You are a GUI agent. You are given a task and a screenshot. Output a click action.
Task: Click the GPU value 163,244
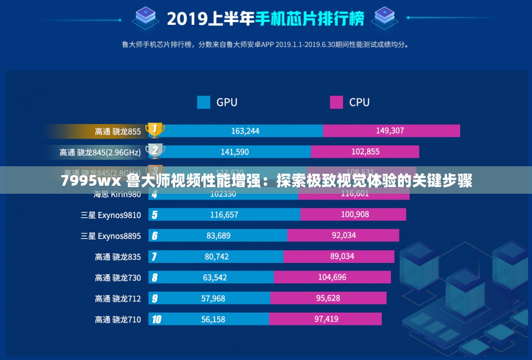click(245, 131)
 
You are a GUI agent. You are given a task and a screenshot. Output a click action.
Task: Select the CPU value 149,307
click(390, 131)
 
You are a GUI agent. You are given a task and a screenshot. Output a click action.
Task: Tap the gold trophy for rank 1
click(155, 130)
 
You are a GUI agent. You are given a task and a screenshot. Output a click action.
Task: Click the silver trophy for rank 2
click(155, 151)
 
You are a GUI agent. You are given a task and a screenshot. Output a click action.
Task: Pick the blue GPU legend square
click(203, 102)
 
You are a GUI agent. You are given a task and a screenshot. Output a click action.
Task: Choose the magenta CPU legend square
click(336, 102)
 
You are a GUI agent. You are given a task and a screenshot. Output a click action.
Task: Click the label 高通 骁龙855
click(117, 131)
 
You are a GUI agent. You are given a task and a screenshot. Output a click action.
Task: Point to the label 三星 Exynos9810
click(110, 215)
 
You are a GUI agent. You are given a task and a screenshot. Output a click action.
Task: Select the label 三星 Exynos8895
click(110, 236)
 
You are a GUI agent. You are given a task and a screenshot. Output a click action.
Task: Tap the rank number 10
click(156, 319)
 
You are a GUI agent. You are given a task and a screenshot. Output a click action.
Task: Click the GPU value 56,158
click(213, 319)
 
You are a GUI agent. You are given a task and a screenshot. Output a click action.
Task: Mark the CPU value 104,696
click(332, 278)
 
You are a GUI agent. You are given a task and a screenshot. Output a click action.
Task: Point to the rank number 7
click(154, 257)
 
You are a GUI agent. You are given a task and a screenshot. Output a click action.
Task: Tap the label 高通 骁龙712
click(117, 298)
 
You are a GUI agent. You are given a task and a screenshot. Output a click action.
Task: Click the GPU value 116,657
click(224, 215)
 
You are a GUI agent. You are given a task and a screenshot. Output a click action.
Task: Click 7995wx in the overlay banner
click(90, 181)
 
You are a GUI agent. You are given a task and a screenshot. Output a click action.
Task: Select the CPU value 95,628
click(328, 298)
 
